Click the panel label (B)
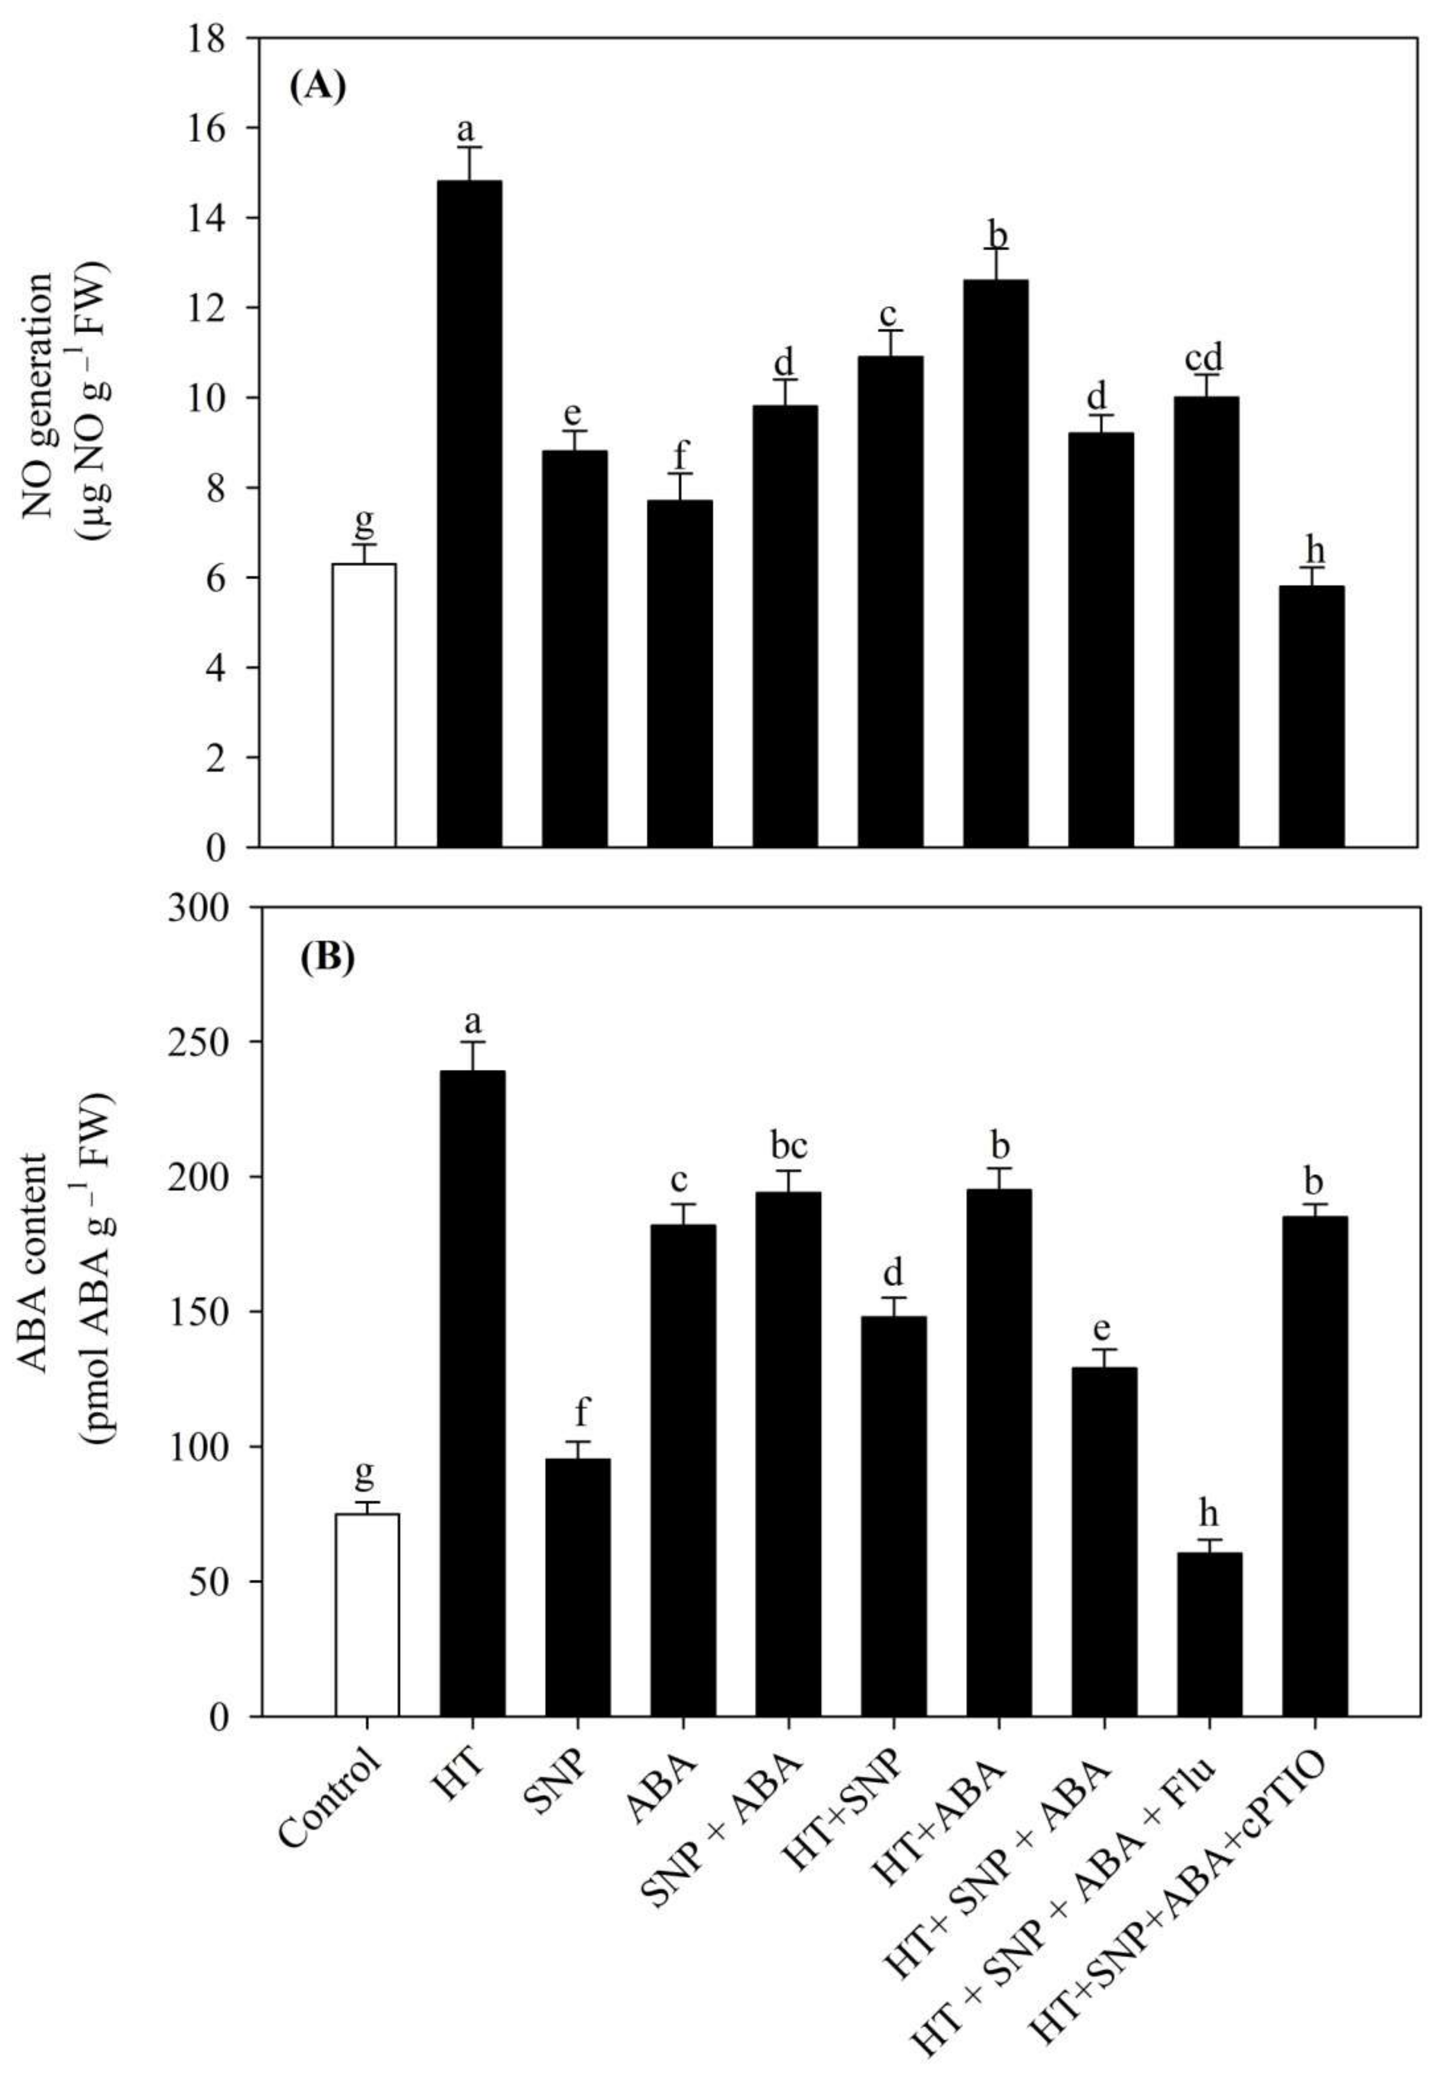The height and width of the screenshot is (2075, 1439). (x=327, y=958)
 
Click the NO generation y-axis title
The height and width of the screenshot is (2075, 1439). (x=65, y=397)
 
